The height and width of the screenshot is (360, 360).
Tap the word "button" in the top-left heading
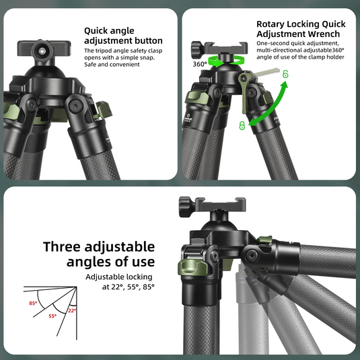coord(143,40)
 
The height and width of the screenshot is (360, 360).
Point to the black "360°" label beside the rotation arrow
coord(200,65)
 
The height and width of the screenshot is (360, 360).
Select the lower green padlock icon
coord(242,125)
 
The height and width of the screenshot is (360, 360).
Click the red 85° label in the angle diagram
coord(32,303)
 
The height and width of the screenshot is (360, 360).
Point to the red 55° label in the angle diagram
coord(52,316)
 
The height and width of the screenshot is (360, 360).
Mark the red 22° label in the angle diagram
coord(72,310)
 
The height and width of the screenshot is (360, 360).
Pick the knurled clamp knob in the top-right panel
coord(197,49)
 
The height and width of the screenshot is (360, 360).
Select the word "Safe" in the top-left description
coord(91,65)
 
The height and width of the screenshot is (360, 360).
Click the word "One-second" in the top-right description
coord(273,43)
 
